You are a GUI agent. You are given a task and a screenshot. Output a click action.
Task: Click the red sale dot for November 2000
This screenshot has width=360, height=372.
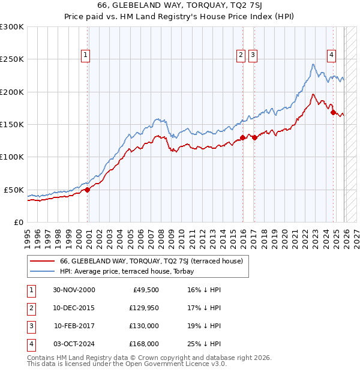[x=88, y=190]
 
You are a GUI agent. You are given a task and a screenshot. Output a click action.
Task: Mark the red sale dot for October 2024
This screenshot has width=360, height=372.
[x=333, y=112]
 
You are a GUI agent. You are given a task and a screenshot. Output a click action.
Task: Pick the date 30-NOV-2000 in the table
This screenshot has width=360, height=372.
[x=74, y=290]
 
